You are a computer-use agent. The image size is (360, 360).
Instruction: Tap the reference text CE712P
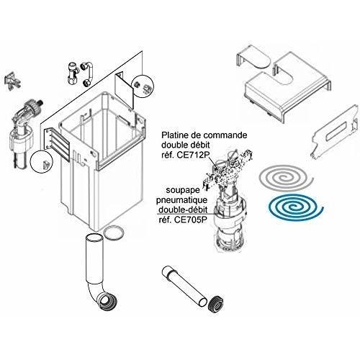(193, 155)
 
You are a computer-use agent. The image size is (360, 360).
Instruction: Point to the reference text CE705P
(189, 220)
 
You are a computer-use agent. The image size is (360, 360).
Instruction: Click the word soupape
(183, 190)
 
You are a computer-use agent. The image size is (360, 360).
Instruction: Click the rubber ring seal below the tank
(114, 233)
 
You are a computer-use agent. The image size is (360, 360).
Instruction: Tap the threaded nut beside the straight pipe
(215, 305)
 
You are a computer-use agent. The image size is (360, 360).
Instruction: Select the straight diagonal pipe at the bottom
(184, 286)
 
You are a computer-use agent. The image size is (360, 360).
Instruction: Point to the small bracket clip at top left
(12, 80)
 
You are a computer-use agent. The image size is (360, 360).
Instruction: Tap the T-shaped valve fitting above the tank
(73, 73)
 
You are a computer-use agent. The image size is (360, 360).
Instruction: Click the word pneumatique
(181, 200)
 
